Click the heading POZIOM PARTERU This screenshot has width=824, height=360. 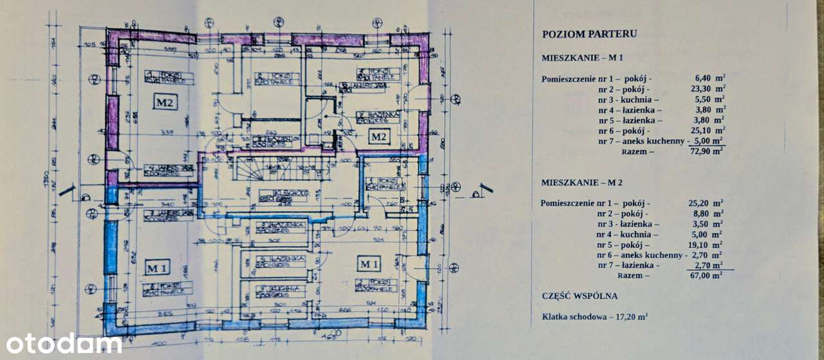(589, 34)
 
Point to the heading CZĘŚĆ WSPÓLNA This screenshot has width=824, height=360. (579, 296)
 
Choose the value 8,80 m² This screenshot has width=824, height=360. (706, 213)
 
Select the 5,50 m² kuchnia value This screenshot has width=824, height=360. (706, 100)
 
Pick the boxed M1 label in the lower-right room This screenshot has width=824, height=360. (368, 264)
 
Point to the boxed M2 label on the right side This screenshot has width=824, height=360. (377, 136)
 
